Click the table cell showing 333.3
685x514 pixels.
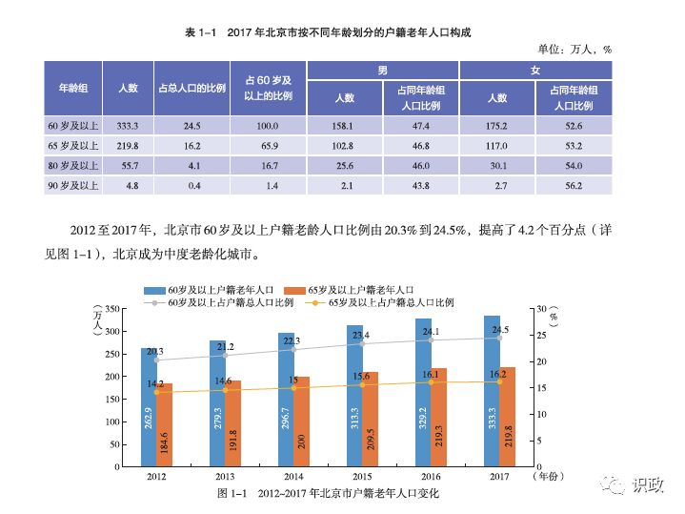(128, 126)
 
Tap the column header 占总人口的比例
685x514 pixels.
(191, 88)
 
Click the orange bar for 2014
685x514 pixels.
(300, 421)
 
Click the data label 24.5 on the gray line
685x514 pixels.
(499, 330)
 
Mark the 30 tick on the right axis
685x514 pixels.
(543, 309)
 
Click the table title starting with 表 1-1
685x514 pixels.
(329, 33)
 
